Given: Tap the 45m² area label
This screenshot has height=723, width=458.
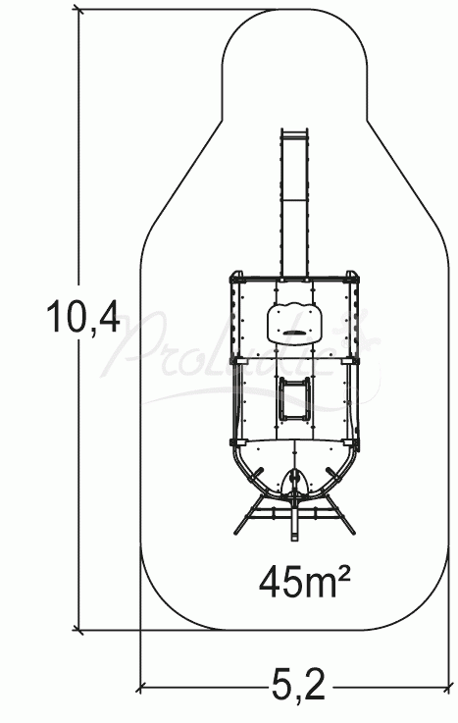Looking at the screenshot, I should (x=306, y=582).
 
